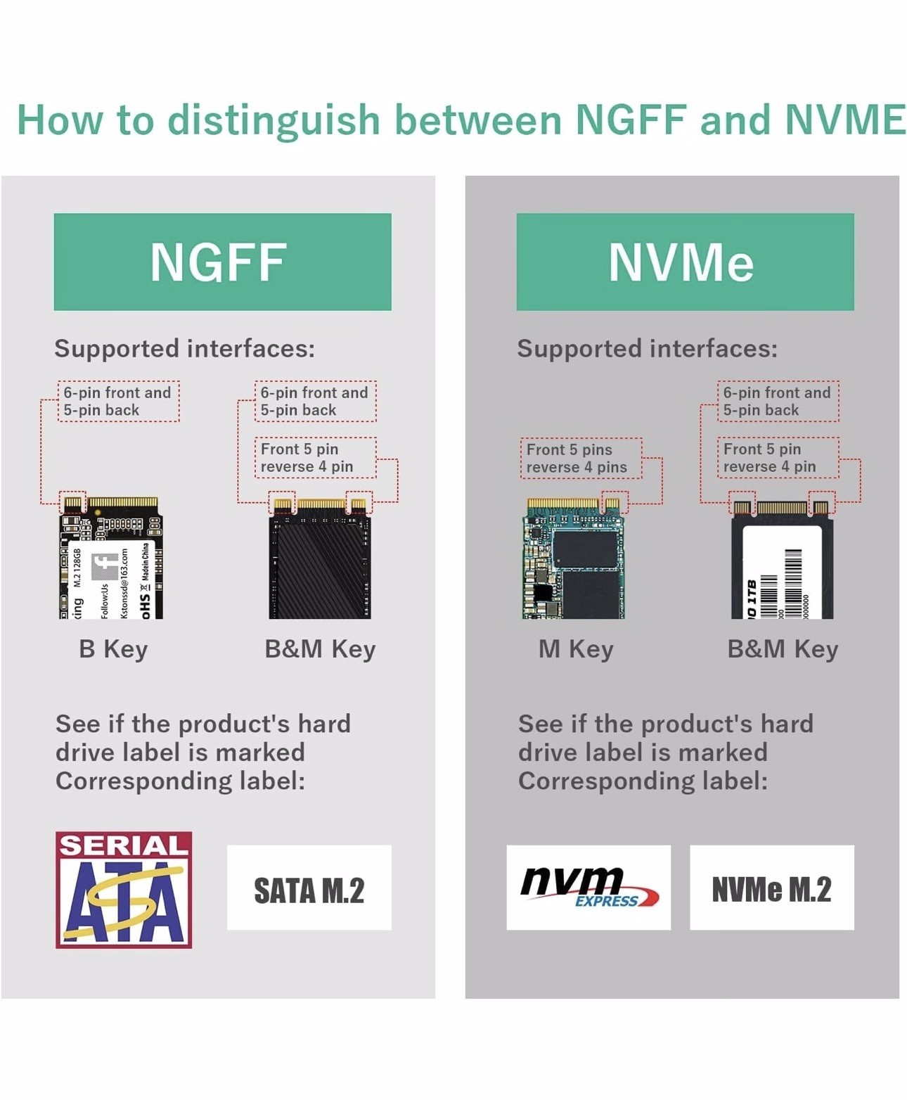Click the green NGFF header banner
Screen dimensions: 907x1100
(222, 262)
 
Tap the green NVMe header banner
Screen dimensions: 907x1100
(685, 262)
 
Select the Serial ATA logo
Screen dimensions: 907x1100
(124, 890)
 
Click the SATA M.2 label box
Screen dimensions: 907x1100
(309, 888)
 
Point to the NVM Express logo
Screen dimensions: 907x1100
(588, 888)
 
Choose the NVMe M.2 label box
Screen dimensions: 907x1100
(771, 888)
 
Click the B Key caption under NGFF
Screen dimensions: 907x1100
(113, 649)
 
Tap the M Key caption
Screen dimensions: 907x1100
(576, 649)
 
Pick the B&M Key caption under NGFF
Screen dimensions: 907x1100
(320, 649)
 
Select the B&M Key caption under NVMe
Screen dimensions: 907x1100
(783, 649)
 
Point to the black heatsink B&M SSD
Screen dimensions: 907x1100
(320, 559)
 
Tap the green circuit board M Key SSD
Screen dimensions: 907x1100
(574, 558)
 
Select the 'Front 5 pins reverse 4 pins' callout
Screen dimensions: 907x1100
(581, 459)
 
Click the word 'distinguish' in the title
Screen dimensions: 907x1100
(274, 120)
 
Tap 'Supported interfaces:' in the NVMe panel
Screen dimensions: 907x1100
(647, 349)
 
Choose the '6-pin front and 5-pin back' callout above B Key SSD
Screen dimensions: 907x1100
(118, 402)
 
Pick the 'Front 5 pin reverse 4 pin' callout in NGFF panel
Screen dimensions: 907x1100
(315, 458)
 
